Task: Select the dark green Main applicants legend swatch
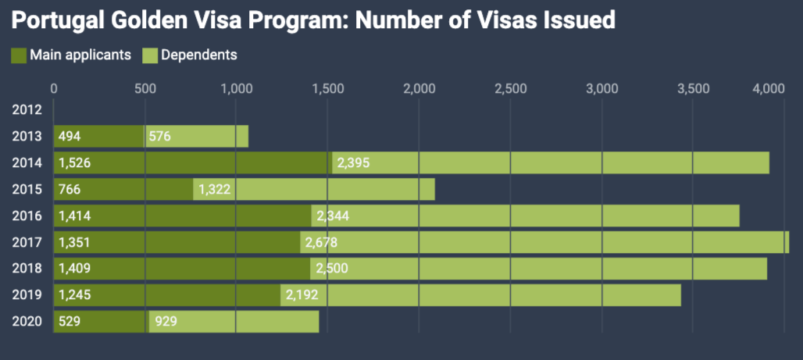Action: [x=19, y=55]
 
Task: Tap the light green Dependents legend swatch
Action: [x=150, y=55]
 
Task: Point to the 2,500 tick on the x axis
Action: [x=510, y=88]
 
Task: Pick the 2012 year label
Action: [x=27, y=110]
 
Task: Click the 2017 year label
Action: [x=27, y=243]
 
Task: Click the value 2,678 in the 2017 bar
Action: [x=322, y=243]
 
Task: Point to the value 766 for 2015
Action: [x=70, y=190]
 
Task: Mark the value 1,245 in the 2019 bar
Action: [x=74, y=296]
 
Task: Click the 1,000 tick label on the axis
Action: [x=236, y=88]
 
